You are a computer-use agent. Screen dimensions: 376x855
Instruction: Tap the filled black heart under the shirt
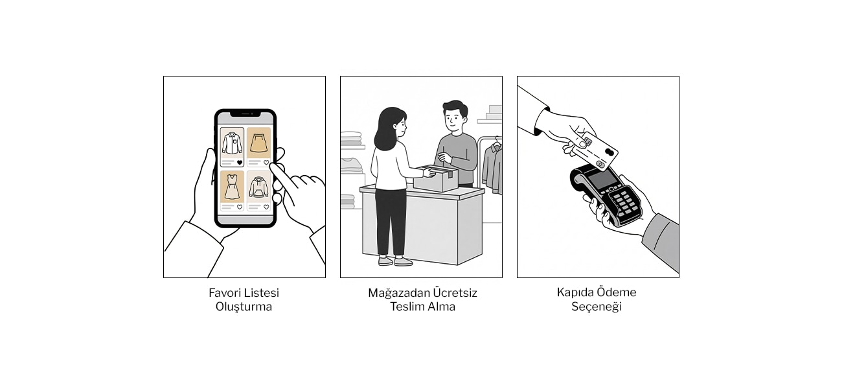(x=239, y=162)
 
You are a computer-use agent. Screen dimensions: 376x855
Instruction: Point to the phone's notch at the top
(x=245, y=114)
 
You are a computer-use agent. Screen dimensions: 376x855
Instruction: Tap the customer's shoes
(x=394, y=261)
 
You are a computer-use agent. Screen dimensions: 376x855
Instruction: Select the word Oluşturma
(x=244, y=307)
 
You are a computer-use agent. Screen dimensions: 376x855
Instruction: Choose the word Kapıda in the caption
(x=575, y=292)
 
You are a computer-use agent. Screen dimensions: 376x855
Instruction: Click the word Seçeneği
(x=596, y=307)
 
